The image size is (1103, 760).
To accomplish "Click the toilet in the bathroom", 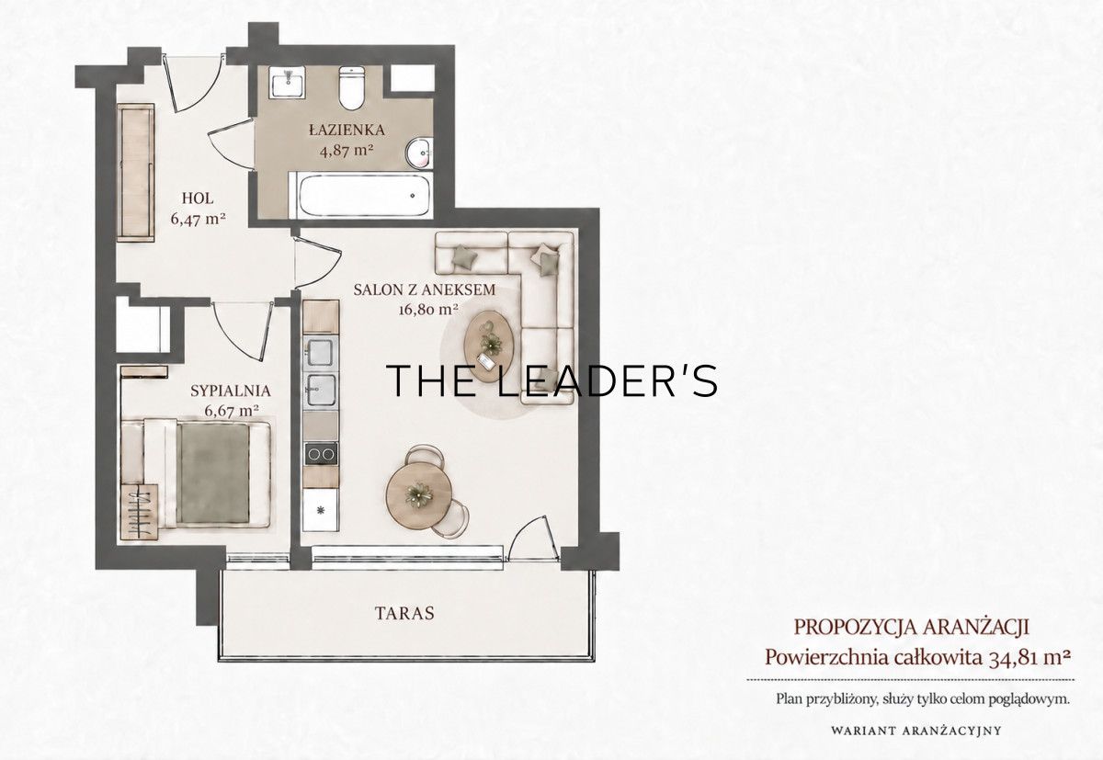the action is tap(351, 88).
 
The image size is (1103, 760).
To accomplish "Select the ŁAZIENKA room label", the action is tap(347, 130).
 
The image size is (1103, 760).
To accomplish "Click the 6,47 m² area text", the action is tap(198, 219).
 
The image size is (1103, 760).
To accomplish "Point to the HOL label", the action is tap(198, 199).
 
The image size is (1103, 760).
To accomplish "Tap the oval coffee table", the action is tap(489, 346).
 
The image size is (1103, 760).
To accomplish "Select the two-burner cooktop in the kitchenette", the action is tap(321, 453).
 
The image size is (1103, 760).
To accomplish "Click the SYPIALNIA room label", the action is tap(231, 391).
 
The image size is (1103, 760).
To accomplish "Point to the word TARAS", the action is tap(404, 613).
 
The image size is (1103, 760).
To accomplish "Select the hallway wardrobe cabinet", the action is tap(135, 172).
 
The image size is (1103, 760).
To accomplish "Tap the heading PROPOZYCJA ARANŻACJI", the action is tap(912, 627).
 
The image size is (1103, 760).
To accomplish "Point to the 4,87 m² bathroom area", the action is tap(346, 150).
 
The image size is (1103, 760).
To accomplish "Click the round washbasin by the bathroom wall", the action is tap(418, 153).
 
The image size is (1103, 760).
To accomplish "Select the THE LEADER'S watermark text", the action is tap(552, 380).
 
